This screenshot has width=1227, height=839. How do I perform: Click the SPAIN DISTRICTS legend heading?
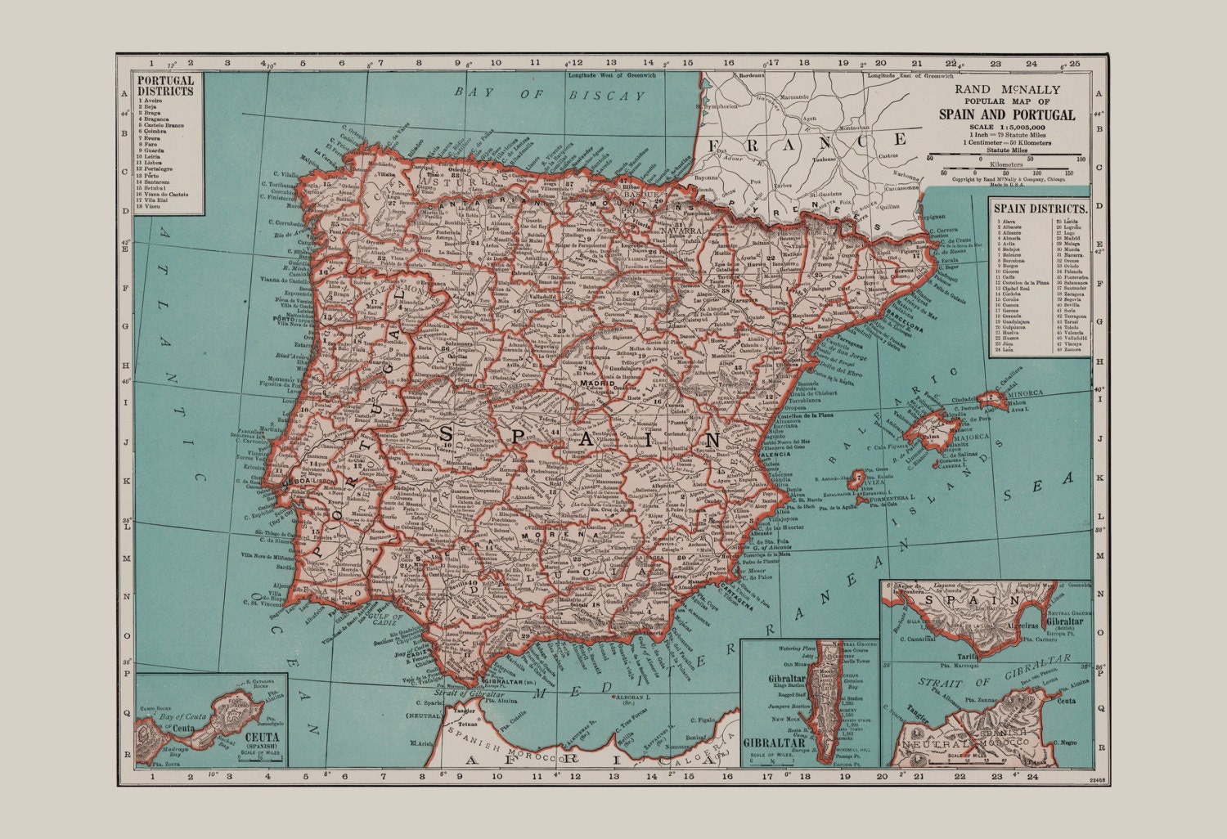pos(1039,209)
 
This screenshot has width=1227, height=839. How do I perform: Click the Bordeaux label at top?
pos(752,74)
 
